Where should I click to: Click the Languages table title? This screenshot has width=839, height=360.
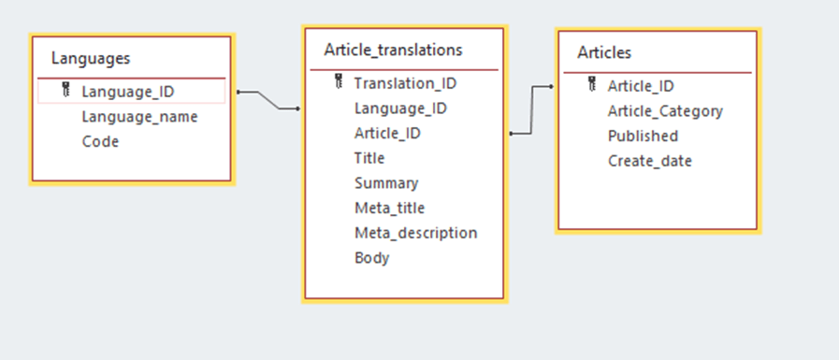91,58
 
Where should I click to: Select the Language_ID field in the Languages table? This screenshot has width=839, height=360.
127,92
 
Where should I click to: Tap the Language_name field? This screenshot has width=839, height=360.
139,117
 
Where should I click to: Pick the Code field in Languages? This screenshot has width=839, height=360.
100,142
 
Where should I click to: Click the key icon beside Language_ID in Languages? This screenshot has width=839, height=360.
65,91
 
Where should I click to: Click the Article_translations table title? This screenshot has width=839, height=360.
393,50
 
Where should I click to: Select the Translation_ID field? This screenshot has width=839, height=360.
405,83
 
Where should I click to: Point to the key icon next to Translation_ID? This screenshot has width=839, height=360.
339,83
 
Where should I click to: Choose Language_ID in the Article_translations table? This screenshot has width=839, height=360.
400,108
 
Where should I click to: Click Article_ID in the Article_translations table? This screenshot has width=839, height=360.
387,134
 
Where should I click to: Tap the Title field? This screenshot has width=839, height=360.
369,158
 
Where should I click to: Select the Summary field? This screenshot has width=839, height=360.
386,183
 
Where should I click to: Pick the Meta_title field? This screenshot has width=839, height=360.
389,208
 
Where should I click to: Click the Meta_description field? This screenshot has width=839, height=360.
415,233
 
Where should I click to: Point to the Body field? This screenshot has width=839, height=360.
371,258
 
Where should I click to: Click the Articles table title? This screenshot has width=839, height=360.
604,52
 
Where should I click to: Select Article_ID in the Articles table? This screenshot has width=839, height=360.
641,86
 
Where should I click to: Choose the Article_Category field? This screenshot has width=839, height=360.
665,111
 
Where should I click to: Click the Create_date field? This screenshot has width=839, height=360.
650,161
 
